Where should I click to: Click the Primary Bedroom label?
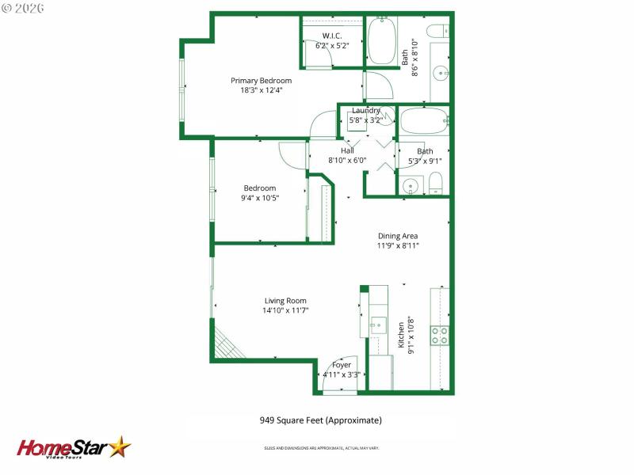tap(261, 81)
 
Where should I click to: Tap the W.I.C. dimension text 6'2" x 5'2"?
tap(332, 46)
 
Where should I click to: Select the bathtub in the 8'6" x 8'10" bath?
tap(384, 41)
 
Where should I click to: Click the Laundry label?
tap(365, 110)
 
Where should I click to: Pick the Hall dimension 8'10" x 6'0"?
tap(348, 161)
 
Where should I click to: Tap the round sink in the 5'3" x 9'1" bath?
tap(409, 187)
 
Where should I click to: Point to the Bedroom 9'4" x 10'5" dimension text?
tap(259, 198)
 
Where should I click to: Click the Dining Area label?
tap(397, 236)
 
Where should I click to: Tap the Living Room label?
tap(285, 301)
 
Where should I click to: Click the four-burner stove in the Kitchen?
tap(439, 336)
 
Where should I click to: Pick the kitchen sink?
tap(378, 325)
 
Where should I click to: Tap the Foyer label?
tap(342, 365)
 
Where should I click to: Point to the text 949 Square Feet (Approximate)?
tap(320, 420)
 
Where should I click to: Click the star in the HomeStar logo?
tap(120, 447)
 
